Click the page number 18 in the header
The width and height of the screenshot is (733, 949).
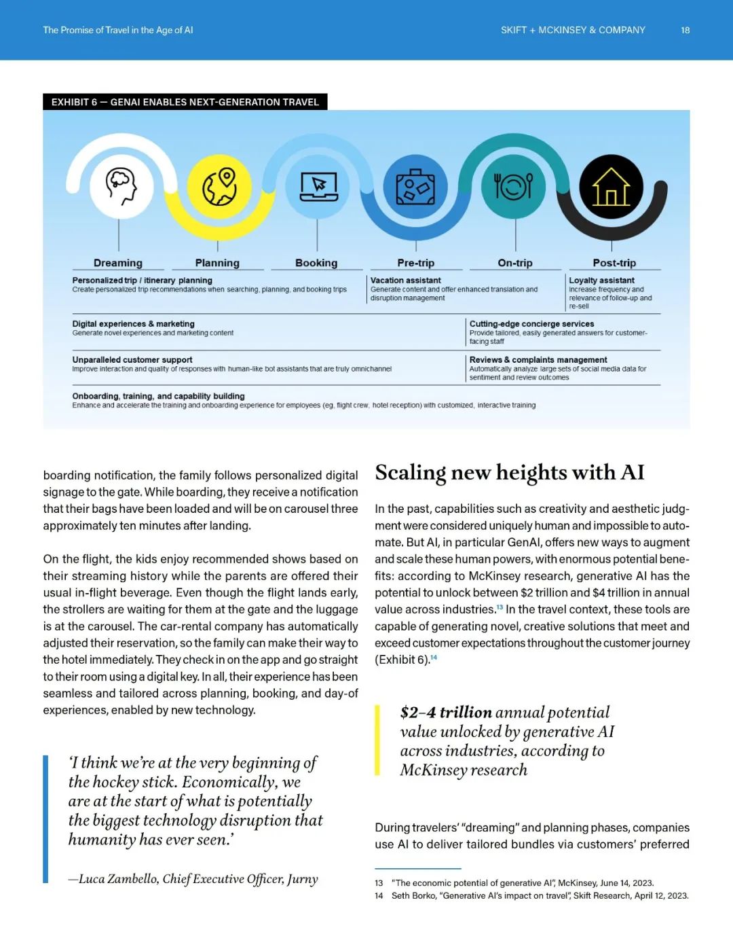(685, 30)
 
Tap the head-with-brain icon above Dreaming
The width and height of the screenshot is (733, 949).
(120, 185)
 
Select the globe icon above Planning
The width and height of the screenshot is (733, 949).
(219, 185)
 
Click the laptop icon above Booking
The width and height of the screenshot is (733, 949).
(318, 185)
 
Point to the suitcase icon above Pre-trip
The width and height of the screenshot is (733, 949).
(415, 186)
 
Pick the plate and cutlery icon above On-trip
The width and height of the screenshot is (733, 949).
(514, 185)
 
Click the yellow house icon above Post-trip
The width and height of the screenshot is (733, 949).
(611, 186)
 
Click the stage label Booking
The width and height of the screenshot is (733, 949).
(316, 263)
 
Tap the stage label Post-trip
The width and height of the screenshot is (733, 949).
(614, 263)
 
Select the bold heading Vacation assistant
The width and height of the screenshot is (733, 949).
(405, 280)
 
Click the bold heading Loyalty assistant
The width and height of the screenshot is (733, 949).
(601, 280)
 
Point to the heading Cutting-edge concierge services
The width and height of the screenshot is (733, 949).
(531, 324)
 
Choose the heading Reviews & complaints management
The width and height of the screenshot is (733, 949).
(538, 360)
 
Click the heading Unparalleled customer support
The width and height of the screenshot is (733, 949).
(132, 360)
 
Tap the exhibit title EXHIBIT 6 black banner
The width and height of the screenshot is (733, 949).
(185, 102)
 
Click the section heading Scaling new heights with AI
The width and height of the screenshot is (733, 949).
(510, 472)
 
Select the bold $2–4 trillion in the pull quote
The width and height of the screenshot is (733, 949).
(446, 712)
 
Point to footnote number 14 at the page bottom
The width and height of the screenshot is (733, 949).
(379, 895)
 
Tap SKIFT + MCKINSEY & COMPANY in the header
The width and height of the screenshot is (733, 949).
(573, 30)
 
